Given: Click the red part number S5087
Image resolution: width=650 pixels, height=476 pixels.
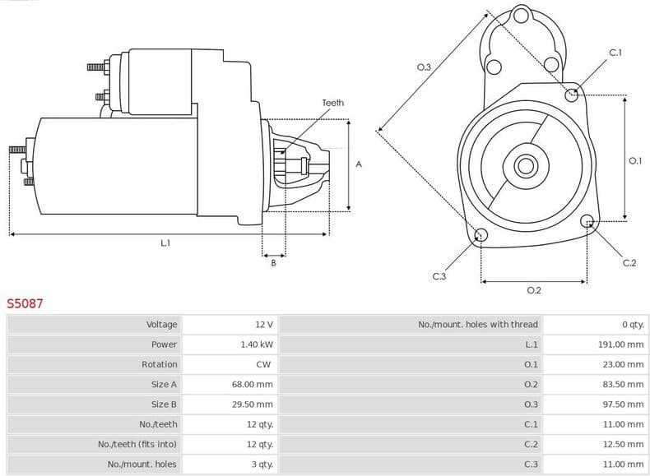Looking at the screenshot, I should click(26, 303).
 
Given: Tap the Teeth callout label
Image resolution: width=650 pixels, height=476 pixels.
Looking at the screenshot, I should click(332, 103).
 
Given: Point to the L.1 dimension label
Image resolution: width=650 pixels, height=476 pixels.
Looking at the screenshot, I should click(165, 243).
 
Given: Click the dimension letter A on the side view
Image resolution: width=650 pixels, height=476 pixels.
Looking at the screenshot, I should click(358, 164).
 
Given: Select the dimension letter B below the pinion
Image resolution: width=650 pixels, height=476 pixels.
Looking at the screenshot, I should click(273, 262).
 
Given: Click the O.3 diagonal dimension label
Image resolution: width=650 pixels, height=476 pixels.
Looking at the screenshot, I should click(424, 67).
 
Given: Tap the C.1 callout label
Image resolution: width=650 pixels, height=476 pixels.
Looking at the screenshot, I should click(615, 53).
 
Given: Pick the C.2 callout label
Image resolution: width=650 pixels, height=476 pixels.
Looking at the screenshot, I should click(629, 263).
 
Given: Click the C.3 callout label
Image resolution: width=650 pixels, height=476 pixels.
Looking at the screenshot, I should click(439, 276).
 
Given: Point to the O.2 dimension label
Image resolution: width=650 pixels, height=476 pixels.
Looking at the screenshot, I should click(533, 290).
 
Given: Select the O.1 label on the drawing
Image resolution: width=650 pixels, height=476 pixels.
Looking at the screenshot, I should click(634, 161).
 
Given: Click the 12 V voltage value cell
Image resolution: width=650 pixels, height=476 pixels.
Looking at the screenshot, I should click(264, 325).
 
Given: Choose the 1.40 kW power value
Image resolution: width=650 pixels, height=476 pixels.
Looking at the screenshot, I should click(257, 344).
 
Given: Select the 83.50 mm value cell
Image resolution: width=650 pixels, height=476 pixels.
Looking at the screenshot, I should click(623, 384).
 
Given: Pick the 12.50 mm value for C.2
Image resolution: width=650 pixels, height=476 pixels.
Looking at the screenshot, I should click(623, 444).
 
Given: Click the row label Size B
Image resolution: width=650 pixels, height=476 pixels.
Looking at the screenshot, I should click(164, 404).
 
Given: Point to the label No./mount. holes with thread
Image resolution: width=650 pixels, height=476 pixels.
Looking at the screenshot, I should click(477, 325).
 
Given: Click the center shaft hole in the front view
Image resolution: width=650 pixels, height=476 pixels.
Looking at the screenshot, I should click(524, 165).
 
